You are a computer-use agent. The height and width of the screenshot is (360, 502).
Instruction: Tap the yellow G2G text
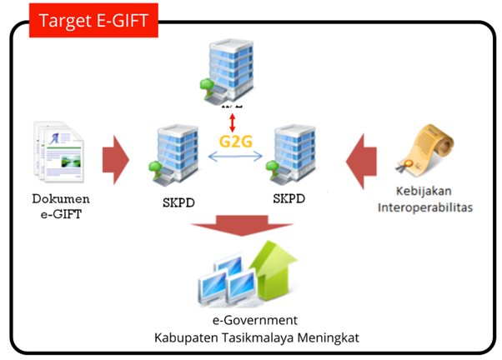[235, 139]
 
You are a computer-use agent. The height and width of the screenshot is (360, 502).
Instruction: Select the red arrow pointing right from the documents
[116, 159]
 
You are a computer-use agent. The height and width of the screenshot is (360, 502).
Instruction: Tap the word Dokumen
[60, 199]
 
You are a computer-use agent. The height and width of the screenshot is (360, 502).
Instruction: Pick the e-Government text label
[251, 320]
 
